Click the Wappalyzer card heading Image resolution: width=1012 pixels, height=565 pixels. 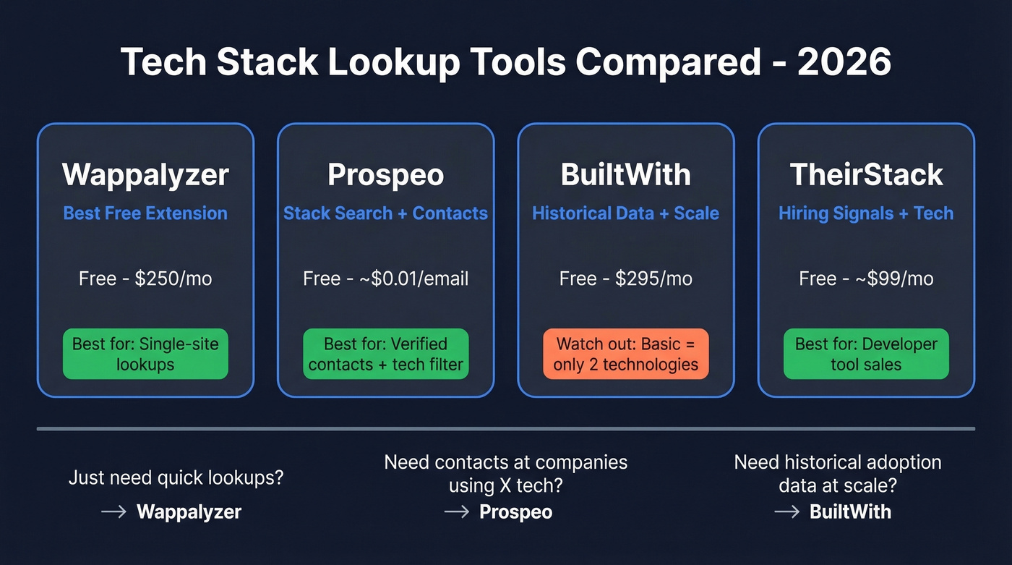pos(145,175)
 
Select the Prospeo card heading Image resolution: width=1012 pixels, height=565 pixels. pos(386,175)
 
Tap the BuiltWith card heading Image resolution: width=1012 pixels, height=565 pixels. pos(626,175)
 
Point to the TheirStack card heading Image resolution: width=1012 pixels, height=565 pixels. pos(866,175)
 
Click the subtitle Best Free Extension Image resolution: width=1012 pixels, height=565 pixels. pos(145,213)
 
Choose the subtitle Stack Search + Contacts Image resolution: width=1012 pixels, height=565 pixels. pos(386,213)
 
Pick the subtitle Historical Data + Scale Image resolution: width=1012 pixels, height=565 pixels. pos(626,213)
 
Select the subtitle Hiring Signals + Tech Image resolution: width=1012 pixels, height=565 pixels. pos(866,213)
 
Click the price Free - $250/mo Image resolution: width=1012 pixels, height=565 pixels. pos(145,279)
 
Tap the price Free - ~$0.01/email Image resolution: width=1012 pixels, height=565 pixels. pos(386,279)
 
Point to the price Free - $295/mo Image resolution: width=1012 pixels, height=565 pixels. pos(626,279)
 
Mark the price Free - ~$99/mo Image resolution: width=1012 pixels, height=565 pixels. pos(866,279)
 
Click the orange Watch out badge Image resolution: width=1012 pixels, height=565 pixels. pos(626,354)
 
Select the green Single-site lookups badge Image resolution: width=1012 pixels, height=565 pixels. pos(145,354)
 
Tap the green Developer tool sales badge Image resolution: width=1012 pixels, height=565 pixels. pos(866,354)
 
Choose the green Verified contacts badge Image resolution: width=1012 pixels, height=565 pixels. pos(386,354)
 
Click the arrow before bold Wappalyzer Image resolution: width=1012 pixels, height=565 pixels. pos(114,512)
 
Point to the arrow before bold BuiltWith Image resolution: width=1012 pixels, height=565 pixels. pos(786,512)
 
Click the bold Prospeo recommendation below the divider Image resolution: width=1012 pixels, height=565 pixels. pos(516,512)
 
